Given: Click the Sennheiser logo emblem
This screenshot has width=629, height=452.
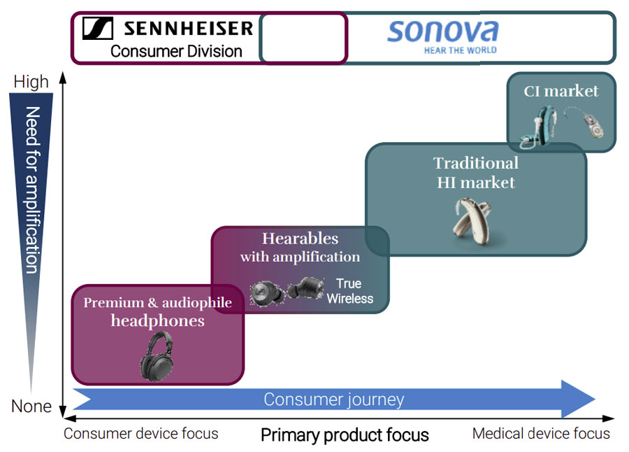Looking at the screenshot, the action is point(97,28).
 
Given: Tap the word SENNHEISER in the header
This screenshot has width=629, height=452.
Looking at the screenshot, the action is point(189,29).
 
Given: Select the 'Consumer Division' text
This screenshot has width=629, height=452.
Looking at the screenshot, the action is point(176,52).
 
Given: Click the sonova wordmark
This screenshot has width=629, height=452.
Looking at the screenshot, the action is point(443,31).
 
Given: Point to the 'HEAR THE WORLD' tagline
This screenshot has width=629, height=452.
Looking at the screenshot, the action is point(460,50).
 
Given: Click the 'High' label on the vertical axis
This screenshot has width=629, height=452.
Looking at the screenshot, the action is point(31,82).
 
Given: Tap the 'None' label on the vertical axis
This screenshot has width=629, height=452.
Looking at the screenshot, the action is point(31,407).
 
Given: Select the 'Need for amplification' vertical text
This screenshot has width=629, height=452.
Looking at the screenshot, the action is point(32,190).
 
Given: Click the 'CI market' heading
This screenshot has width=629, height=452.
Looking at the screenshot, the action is point(561,91).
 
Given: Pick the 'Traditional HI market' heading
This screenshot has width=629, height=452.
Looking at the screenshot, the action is point(476,173).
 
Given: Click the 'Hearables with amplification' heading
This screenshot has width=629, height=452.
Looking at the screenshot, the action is point(300,247).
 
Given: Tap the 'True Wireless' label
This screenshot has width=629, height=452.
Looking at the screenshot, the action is point(349,291).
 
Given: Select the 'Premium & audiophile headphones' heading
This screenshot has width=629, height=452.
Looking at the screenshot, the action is point(158,312).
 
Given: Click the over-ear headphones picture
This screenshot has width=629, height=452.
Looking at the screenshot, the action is point(157,356).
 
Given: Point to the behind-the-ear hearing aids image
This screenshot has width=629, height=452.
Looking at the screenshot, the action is point(472,220).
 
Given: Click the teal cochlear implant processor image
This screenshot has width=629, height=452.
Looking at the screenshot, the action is point(539,127).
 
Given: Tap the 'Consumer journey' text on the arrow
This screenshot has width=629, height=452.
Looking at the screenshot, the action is point(334,400).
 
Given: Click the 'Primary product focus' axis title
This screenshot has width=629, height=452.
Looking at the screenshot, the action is point(345,435).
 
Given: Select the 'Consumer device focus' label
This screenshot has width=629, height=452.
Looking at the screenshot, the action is point(140,434).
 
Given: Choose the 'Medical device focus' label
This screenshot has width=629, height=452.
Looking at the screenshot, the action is point(541,434).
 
